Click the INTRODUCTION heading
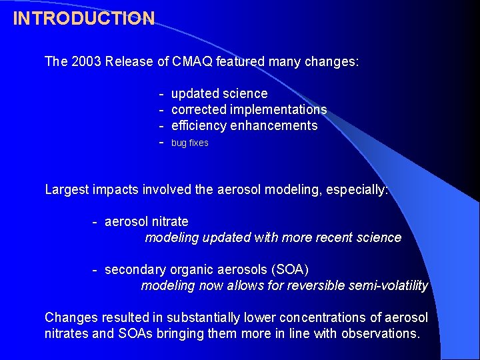[84, 18]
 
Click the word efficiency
[198, 125]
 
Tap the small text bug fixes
[190, 143]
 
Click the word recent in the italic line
[327, 237]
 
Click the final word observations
[380, 333]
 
